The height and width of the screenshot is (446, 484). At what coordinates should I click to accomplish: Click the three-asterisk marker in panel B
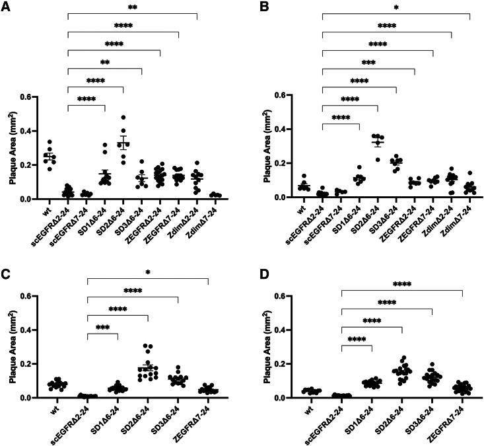click(368, 65)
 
